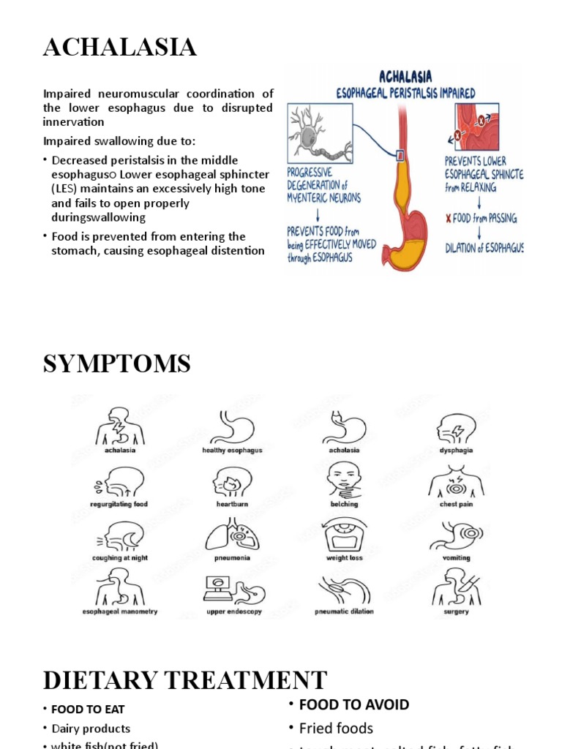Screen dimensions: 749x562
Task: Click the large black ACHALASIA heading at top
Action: point(119,48)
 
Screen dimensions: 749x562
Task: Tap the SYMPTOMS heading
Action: point(117,364)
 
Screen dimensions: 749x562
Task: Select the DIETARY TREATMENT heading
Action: point(184,680)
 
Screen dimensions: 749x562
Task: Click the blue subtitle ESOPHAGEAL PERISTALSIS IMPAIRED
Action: point(405,93)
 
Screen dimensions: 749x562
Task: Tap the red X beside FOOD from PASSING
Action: point(448,219)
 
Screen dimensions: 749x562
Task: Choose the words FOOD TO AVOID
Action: point(354,704)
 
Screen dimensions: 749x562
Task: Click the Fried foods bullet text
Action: point(336,728)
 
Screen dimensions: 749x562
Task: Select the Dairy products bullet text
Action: point(91,729)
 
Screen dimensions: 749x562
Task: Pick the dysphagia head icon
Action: point(456,428)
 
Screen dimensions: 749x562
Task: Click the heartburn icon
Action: point(232,482)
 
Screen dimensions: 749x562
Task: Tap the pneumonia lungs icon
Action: point(232,535)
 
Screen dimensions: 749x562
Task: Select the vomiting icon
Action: point(456,535)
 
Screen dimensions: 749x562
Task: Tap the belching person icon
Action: point(344,481)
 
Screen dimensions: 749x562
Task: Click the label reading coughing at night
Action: point(120,557)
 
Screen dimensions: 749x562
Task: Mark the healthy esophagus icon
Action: point(232,428)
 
